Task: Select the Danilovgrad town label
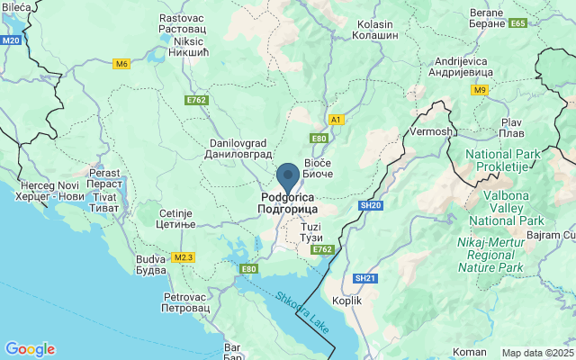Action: coord(212,148)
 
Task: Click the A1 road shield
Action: coord(336,119)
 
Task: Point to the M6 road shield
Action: coord(121,64)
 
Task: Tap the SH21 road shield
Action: coord(364,278)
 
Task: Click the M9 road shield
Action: coord(479,90)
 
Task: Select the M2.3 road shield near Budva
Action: coord(184,257)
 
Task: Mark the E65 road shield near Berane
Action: coord(517,23)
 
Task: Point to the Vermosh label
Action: coord(430,131)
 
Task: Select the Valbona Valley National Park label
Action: coord(513,207)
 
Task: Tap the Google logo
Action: coord(30,349)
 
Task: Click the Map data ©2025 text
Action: coord(536,353)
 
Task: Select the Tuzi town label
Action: coord(310,231)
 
